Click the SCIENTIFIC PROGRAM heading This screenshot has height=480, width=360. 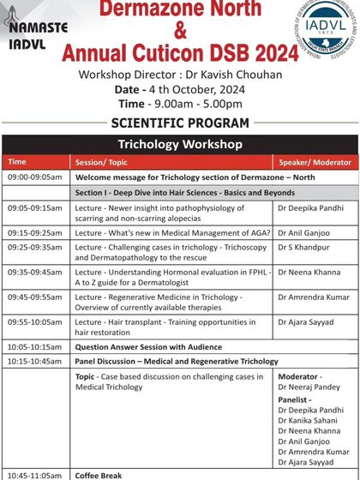coord(180,123)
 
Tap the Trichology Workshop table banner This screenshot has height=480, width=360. coord(180,143)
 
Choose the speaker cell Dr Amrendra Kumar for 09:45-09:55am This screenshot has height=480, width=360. coord(314,297)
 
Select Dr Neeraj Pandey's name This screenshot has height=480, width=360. coord(309,387)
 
